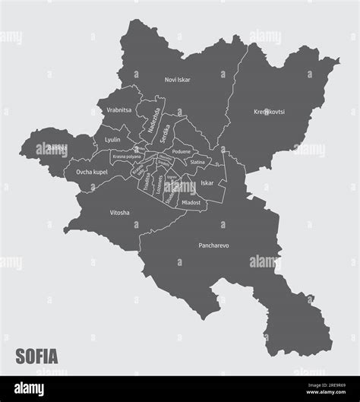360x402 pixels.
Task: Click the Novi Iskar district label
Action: pyautogui.click(x=178, y=79)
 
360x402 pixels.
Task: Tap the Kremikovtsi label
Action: pyautogui.click(x=269, y=112)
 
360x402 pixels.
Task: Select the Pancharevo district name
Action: pyautogui.click(x=213, y=246)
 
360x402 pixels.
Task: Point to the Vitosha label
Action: pyautogui.click(x=119, y=213)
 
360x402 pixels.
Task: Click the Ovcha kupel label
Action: pyautogui.click(x=91, y=173)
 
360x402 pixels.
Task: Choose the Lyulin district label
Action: pyautogui.click(x=112, y=140)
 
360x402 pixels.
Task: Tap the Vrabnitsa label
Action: pyautogui.click(x=120, y=110)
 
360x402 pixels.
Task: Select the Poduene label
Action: pyautogui.click(x=182, y=152)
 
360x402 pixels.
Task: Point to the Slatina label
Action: pyautogui.click(x=197, y=163)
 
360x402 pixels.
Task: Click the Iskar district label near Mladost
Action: pyautogui.click(x=207, y=183)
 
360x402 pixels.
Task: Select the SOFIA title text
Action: pyautogui.click(x=36, y=356)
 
